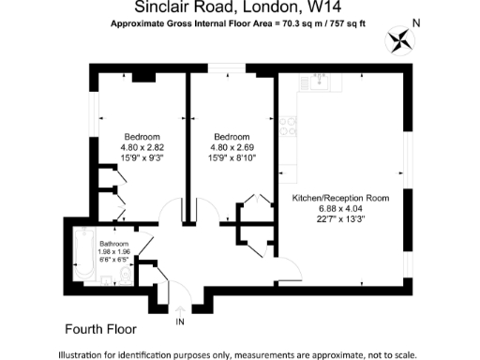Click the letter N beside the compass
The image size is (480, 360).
416,22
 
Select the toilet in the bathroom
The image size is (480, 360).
125,275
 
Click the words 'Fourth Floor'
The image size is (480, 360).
100,329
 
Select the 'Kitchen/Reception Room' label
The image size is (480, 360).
340,199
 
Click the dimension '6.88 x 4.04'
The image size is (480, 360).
340,209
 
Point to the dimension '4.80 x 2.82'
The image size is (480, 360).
142,147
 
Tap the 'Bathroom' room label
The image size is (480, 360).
116,244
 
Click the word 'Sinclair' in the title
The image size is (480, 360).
150,7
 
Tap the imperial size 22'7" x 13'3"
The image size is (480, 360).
340,219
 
